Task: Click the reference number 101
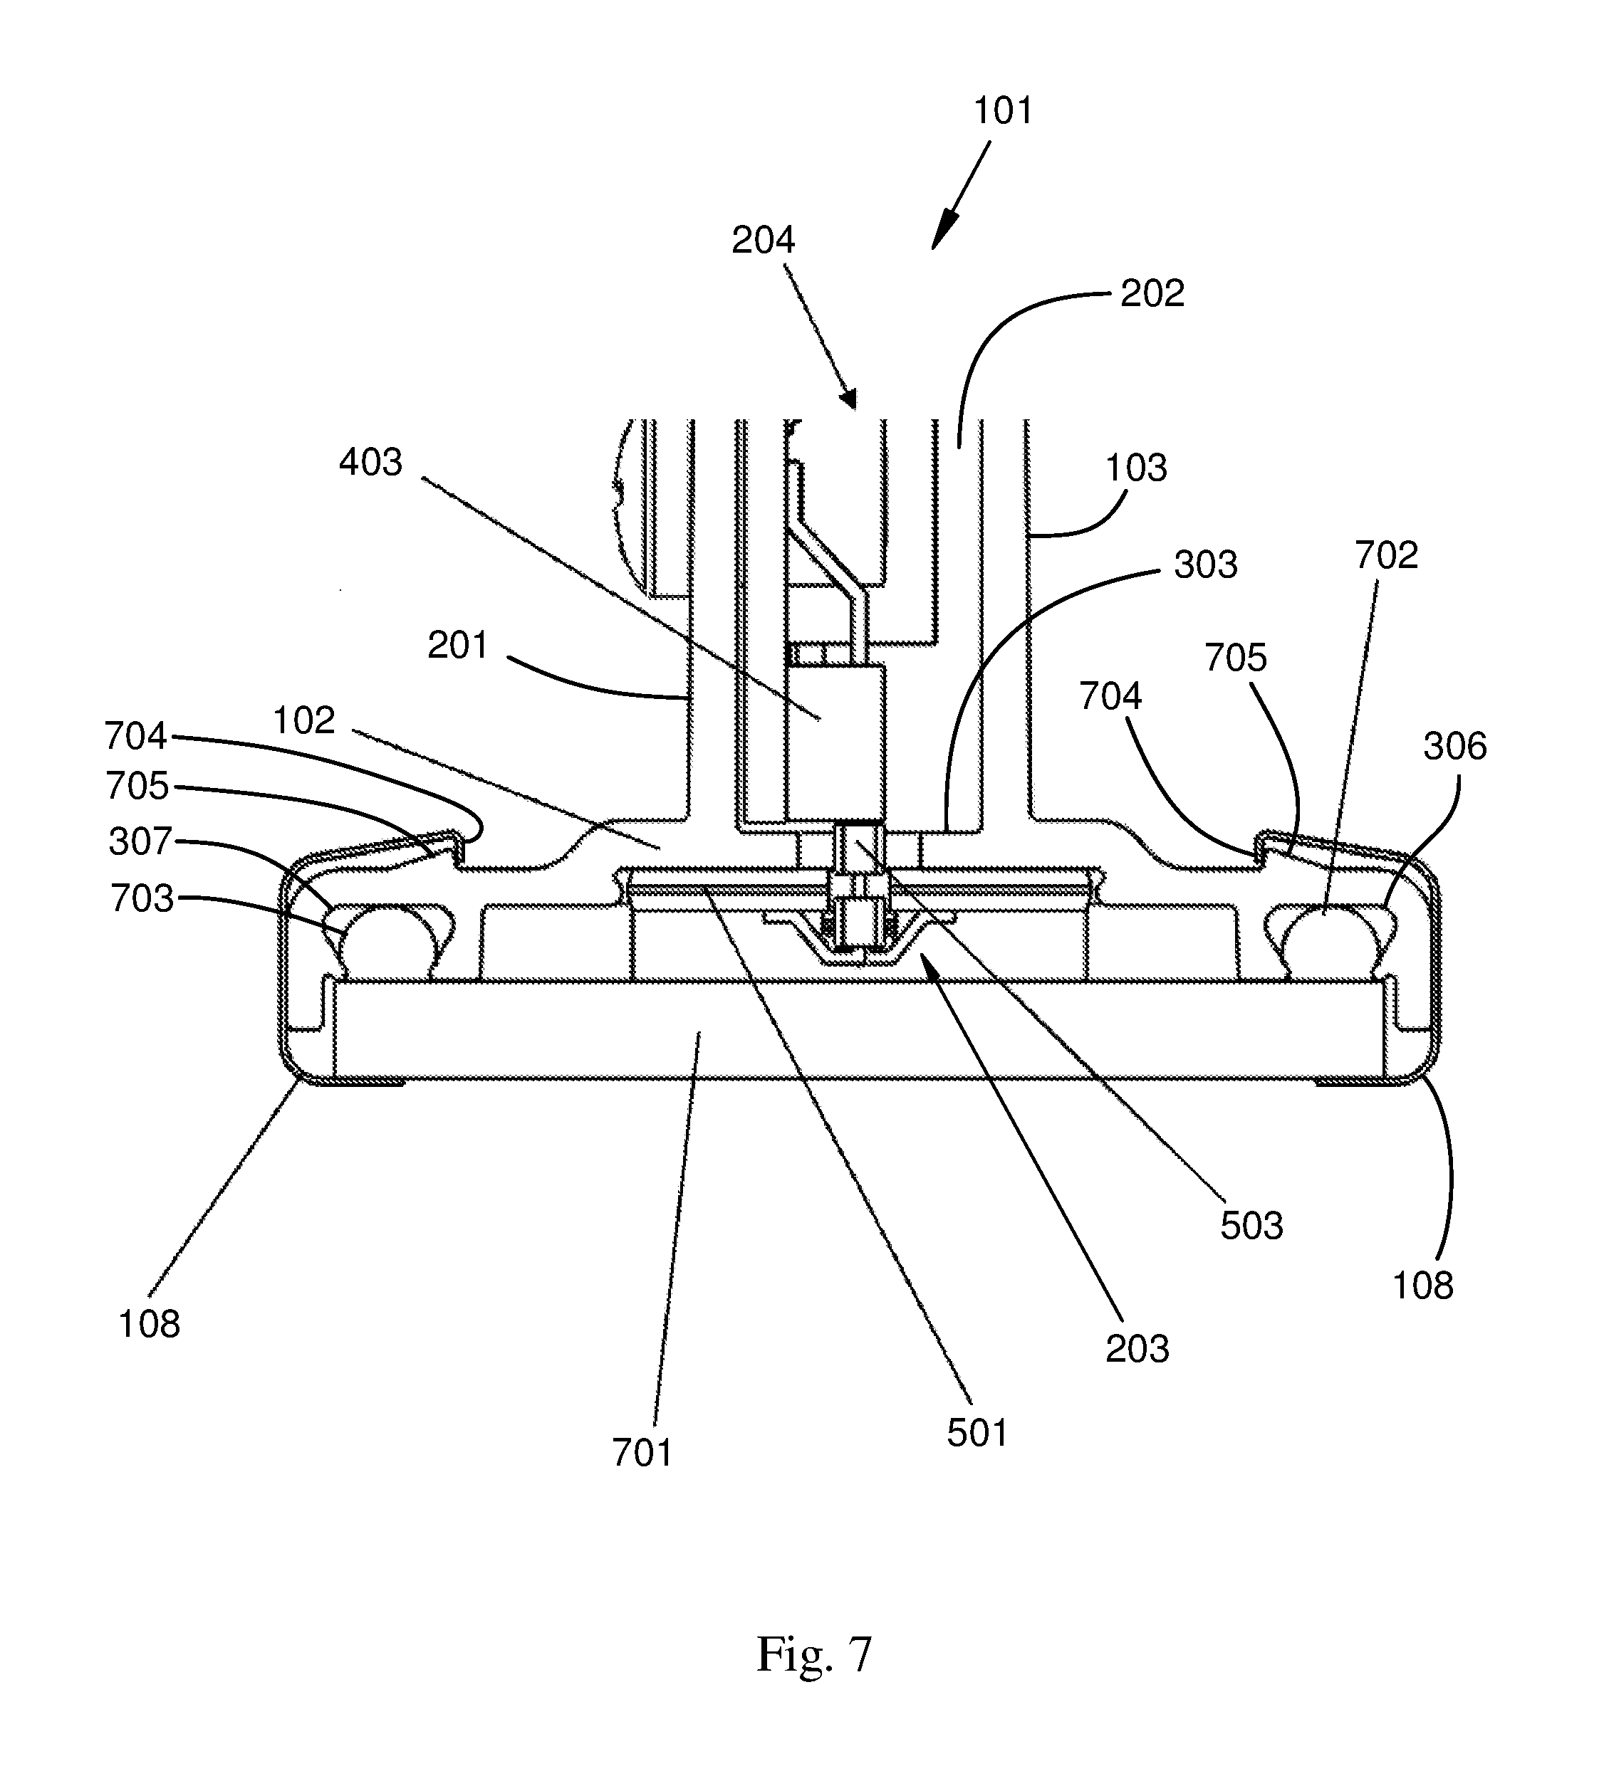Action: click(1003, 112)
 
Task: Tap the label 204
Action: click(764, 241)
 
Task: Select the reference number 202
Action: click(1152, 294)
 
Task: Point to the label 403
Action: click(370, 463)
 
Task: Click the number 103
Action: click(1136, 468)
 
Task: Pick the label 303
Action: click(1206, 564)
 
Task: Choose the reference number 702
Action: click(1386, 556)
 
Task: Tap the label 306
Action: click(1455, 747)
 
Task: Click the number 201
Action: click(457, 646)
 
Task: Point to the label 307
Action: click(140, 842)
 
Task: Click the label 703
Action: click(142, 900)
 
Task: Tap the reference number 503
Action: click(1251, 1226)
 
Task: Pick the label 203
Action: click(1137, 1350)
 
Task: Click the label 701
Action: click(642, 1454)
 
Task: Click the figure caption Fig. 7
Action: click(813, 1654)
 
